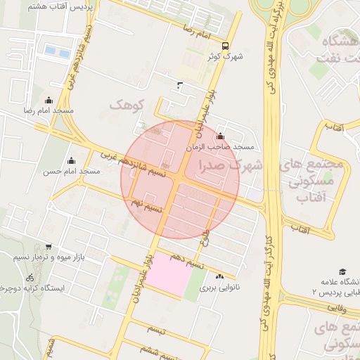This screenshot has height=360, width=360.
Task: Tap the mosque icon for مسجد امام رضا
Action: coord(49,101)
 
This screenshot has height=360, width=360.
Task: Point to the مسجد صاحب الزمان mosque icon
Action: coord(221,136)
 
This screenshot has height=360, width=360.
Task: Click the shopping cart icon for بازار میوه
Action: coord(48,247)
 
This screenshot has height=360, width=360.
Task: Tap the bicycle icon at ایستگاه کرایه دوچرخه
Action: coord(29,278)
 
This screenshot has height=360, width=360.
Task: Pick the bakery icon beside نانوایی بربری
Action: coord(220,277)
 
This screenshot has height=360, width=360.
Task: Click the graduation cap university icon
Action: coord(342,271)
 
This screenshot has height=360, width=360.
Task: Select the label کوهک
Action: coord(127,105)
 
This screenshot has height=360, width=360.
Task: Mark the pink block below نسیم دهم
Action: coord(168,274)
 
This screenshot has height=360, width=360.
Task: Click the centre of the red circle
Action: coord(180,180)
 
